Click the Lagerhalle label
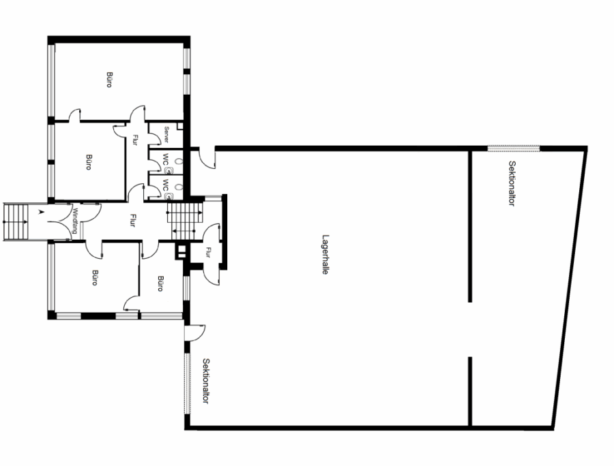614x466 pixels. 325,255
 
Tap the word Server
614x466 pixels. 166,134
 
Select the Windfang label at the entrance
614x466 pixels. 75,221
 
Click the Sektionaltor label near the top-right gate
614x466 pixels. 512,183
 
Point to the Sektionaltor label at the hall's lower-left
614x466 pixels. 206,381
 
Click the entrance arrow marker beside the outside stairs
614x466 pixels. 40,212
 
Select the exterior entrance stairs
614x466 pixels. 16,221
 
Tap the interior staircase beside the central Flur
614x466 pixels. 185,221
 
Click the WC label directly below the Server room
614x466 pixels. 166,159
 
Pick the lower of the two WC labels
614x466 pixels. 166,185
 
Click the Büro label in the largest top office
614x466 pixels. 109,79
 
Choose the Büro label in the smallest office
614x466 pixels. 160,283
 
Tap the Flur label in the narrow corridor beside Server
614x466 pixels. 135,140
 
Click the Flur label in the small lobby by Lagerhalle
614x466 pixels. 207,253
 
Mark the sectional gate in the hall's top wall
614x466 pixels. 514,149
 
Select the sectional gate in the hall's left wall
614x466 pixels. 188,384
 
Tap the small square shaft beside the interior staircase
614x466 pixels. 181,251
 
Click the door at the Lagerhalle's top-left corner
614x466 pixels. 207,158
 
